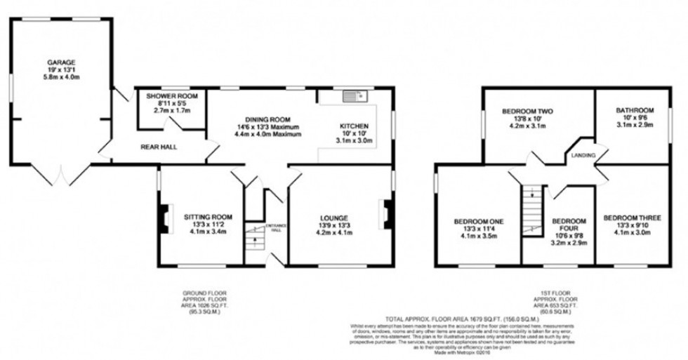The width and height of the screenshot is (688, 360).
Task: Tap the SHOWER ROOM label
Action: (x=172, y=95)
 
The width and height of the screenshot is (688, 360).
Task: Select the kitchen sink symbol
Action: (x=351, y=95)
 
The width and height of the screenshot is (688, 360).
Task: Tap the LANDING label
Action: (x=583, y=155)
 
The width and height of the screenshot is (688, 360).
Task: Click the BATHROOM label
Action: (x=635, y=110)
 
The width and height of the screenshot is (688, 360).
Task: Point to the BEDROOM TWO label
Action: (x=528, y=112)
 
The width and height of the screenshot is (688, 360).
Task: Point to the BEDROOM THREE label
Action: (x=632, y=218)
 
